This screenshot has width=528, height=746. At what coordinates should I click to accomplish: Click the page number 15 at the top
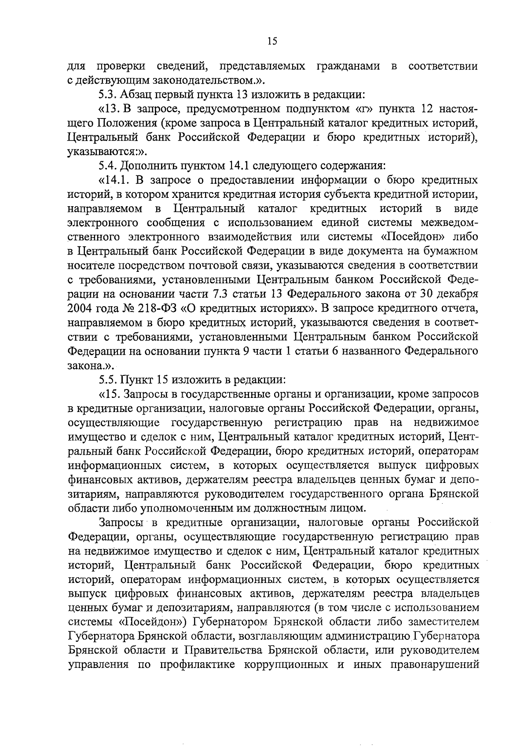coord(272,41)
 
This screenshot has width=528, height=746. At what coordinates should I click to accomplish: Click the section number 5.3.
coord(107,94)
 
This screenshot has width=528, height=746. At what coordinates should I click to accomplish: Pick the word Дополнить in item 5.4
coord(149,166)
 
